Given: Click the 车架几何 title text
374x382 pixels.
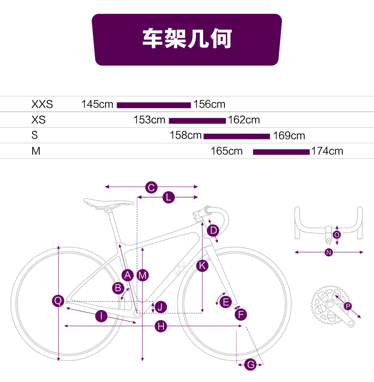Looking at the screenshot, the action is pyautogui.click(x=187, y=38).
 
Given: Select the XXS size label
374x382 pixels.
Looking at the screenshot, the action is pyautogui.click(x=42, y=104).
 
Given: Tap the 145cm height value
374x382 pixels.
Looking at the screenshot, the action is pyautogui.click(x=97, y=104).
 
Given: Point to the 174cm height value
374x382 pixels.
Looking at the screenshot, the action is pyautogui.click(x=327, y=151).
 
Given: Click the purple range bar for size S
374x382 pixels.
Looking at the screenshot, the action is pyautogui.click(x=237, y=137).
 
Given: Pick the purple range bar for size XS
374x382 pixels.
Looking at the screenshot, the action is pyautogui.click(x=197, y=121).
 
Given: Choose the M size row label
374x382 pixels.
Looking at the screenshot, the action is pyautogui.click(x=36, y=151).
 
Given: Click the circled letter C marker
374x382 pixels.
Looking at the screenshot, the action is pyautogui.click(x=151, y=187).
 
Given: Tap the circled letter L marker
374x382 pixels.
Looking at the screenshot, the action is pyautogui.click(x=169, y=197).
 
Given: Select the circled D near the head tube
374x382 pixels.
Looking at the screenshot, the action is pyautogui.click(x=213, y=230).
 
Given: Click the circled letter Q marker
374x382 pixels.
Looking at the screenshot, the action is pyautogui.click(x=58, y=301).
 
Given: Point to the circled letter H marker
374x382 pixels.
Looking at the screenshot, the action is pyautogui.click(x=161, y=326).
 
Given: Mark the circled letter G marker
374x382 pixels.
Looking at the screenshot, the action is pyautogui.click(x=250, y=365).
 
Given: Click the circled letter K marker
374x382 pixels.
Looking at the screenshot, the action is pyautogui.click(x=202, y=266).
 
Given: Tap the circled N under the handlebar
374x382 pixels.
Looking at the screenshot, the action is pyautogui.click(x=329, y=252).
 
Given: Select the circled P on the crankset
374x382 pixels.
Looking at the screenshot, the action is pyautogui.click(x=348, y=306).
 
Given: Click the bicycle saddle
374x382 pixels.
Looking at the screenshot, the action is pyautogui.click(x=108, y=203).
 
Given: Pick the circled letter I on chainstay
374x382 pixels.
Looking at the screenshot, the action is pyautogui.click(x=101, y=316).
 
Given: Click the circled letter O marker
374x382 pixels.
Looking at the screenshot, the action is pyautogui.click(x=337, y=235).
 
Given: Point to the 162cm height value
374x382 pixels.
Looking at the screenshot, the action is pyautogui.click(x=244, y=120).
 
